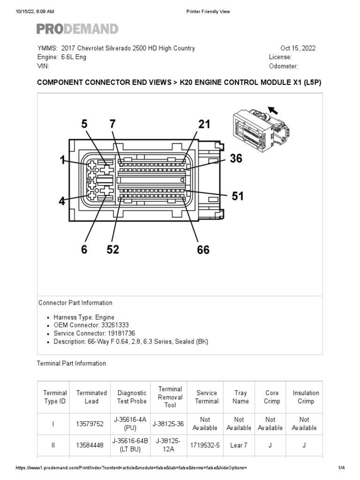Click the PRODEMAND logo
click(x=77, y=29)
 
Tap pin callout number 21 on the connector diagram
click(x=204, y=125)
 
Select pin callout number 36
click(x=236, y=159)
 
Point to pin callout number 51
click(x=238, y=196)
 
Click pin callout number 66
click(x=203, y=249)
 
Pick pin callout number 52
click(x=112, y=249)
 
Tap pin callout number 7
click(x=112, y=125)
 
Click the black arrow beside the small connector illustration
click(x=272, y=111)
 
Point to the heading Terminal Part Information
click(x=71, y=363)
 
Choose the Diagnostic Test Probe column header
click(x=132, y=397)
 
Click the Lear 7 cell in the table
click(x=239, y=445)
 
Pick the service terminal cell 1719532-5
click(x=207, y=445)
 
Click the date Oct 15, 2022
click(x=298, y=48)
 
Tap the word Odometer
click(x=283, y=66)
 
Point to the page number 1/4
click(x=341, y=468)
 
